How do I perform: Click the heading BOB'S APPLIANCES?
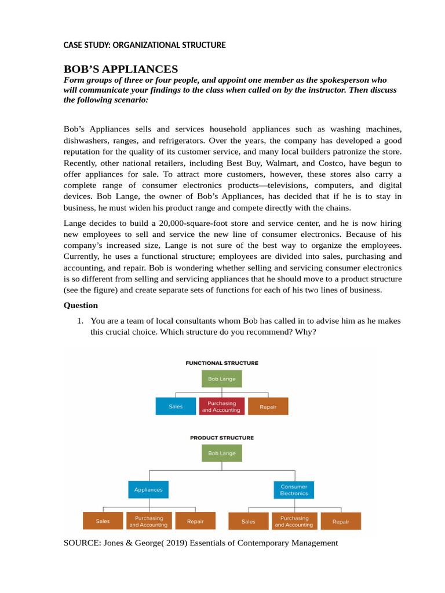click(121, 69)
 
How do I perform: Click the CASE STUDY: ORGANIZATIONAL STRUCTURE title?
click(144, 45)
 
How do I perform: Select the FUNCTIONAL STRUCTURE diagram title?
click(222, 363)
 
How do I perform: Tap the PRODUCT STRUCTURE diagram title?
click(222, 438)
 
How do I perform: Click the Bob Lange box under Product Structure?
click(222, 453)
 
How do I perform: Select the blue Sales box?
click(176, 407)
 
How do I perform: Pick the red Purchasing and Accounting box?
click(221, 407)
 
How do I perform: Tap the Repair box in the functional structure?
click(268, 407)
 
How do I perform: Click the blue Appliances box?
click(148, 489)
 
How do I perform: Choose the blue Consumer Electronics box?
click(294, 490)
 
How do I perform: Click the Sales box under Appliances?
click(103, 521)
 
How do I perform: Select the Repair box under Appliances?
click(195, 521)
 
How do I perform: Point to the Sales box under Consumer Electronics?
click(249, 521)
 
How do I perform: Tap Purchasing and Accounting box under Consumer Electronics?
click(294, 521)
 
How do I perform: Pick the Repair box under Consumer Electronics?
click(341, 521)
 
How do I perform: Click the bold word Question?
click(81, 305)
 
